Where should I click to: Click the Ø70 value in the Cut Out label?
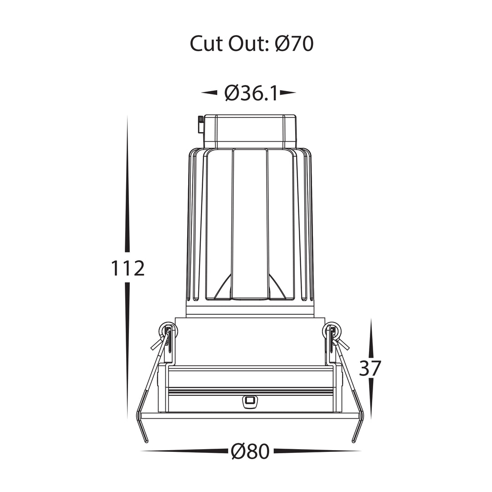pyautogui.click(x=294, y=44)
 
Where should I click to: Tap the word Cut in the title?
pyautogui.click(x=206, y=44)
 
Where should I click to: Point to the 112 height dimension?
pyautogui.click(x=128, y=269)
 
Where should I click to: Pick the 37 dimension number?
pyautogui.click(x=370, y=368)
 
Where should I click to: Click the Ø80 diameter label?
pyautogui.click(x=250, y=451)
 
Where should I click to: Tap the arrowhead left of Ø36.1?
pyautogui.click(x=209, y=92)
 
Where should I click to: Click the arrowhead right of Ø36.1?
pyautogui.click(x=288, y=92)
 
